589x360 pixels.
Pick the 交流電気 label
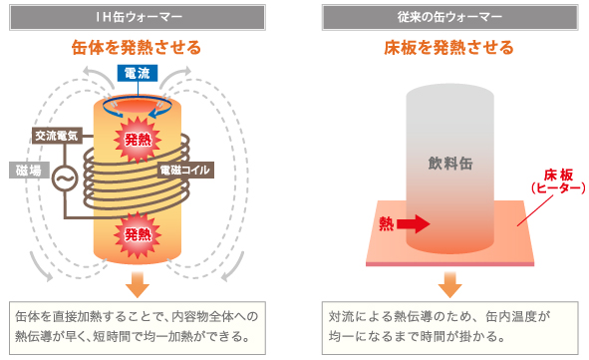click(55, 136)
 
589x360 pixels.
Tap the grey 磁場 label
click(28, 171)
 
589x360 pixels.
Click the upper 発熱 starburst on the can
click(137, 139)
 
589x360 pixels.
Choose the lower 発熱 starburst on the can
click(137, 235)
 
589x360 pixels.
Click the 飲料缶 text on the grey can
click(447, 162)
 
